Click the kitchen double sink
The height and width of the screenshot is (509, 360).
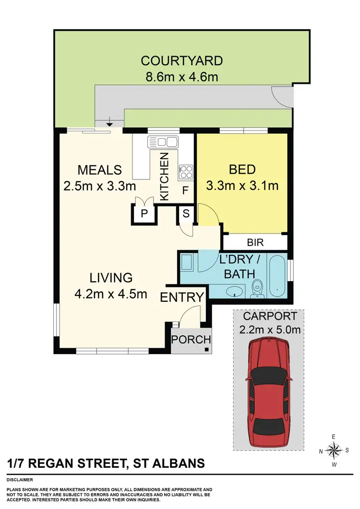coord(163,142)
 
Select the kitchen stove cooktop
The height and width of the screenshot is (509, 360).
coord(186,171)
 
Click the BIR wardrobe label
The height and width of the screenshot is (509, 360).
coord(254,242)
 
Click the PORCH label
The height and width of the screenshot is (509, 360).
coord(192,340)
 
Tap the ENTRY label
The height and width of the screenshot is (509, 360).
coord(182,297)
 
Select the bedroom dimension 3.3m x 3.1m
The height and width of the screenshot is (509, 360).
coord(242,185)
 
